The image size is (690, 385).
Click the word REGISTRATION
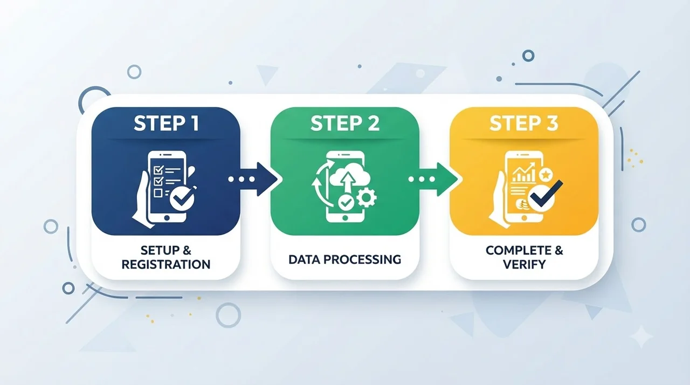(x=166, y=264)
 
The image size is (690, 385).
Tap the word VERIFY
(x=525, y=264)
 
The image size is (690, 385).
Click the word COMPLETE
(x=516, y=250)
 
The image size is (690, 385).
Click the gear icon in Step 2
(x=367, y=198)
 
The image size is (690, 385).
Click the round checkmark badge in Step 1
(x=182, y=198)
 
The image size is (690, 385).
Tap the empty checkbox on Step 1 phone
(x=158, y=193)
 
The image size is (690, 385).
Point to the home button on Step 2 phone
(x=345, y=218)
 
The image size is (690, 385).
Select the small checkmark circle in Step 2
(x=346, y=202)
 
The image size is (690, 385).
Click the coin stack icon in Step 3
(x=521, y=204)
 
